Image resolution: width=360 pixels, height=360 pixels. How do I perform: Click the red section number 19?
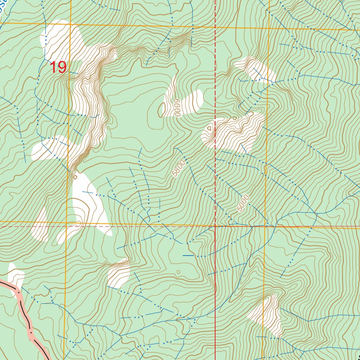pyautogui.click(x=58, y=67)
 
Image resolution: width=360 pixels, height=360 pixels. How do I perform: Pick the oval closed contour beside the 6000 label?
pyautogui.click(x=162, y=110)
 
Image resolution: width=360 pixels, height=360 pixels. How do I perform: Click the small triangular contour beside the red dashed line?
pyautogui.click(x=210, y=128)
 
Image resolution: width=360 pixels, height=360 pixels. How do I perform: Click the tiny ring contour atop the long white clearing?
pyautogui.click(x=75, y=177)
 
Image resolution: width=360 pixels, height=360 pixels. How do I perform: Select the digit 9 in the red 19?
pyautogui.click(x=62, y=67)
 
